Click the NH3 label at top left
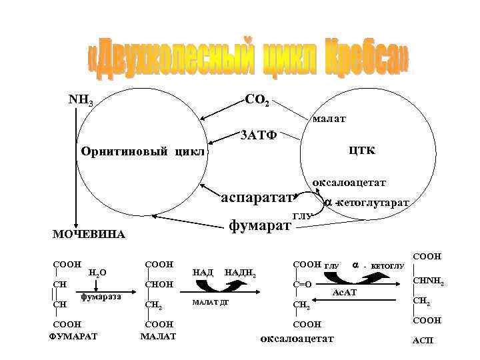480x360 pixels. click(x=81, y=101)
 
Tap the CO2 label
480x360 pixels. click(x=257, y=101)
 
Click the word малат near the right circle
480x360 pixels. click(x=329, y=119)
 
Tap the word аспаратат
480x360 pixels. click(x=257, y=197)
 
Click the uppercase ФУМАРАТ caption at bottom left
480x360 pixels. click(x=73, y=335)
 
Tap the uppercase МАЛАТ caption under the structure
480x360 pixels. click(x=159, y=335)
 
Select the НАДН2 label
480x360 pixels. click(x=241, y=272)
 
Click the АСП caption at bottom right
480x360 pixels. click(x=423, y=341)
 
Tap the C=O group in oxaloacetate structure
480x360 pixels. click(x=303, y=285)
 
